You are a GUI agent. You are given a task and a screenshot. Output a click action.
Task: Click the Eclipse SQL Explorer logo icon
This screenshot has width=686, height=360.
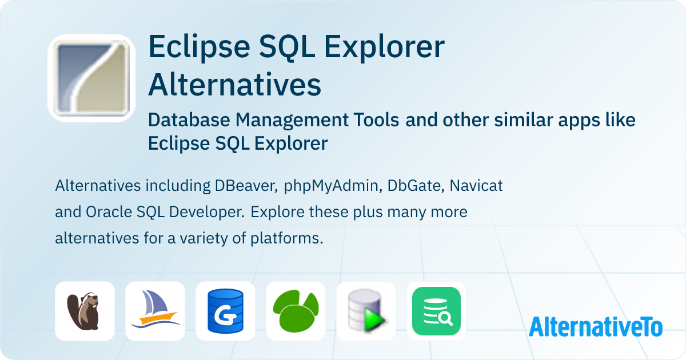point(91,78)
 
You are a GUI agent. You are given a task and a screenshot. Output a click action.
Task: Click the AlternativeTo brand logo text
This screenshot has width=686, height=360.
point(595,326)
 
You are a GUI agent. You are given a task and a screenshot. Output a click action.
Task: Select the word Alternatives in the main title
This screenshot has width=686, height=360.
point(234,85)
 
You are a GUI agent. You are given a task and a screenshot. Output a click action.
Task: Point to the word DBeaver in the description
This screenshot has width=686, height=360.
point(246,186)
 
